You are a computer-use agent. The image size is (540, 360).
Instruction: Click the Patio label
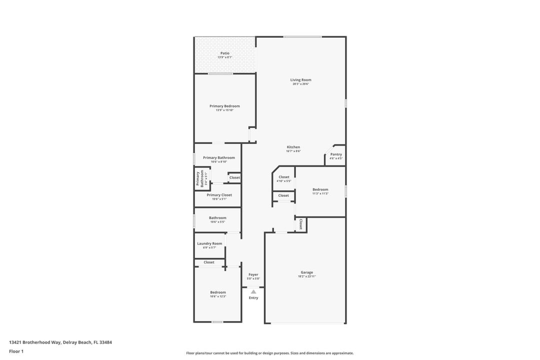pos(224,53)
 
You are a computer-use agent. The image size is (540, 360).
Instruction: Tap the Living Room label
pos(300,80)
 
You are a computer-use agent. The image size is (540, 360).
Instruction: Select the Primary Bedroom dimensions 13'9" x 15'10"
pos(224,110)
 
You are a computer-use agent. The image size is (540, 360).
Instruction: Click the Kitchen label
pos(293,147)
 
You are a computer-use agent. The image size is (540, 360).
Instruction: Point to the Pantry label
pos(335,154)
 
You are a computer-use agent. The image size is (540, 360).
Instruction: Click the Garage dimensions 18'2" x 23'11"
pos(306,276)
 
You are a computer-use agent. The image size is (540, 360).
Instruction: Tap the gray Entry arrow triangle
pos(253,291)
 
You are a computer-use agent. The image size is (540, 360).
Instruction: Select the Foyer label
pos(253,274)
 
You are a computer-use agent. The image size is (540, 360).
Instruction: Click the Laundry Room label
pos(209,243)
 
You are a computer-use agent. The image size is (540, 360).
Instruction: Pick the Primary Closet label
pos(219,195)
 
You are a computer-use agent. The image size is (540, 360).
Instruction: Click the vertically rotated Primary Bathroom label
pos(199,178)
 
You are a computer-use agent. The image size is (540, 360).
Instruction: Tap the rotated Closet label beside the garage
pos(301,224)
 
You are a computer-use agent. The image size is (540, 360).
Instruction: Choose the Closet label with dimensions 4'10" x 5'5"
pos(283,177)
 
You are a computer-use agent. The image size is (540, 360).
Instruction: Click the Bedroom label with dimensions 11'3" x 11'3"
pos(320,189)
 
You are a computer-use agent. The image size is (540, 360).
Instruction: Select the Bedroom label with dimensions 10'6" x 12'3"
pos(217,292)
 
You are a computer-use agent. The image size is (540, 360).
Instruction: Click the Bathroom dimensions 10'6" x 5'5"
pos(217,222)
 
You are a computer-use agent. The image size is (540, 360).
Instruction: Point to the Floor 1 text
pos(16,351)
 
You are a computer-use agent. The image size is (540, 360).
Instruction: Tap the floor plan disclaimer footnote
pos(269,353)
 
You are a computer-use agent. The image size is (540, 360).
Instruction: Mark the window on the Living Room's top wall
pos(302,36)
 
